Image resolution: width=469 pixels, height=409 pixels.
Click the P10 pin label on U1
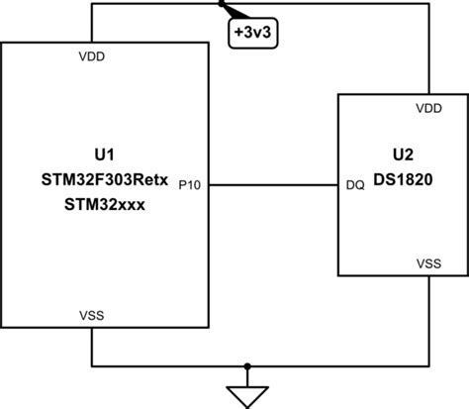point(191,184)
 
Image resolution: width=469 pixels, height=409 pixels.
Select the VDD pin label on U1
point(92,56)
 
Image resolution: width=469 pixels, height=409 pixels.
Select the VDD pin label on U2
point(428,108)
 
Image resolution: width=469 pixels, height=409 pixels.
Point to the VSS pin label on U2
point(428,263)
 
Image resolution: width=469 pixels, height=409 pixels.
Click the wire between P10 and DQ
point(272,184)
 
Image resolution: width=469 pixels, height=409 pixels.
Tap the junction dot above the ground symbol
point(247,363)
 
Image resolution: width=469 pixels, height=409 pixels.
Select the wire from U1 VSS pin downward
point(91,347)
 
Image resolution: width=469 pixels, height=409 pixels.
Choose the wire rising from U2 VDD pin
point(427,50)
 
